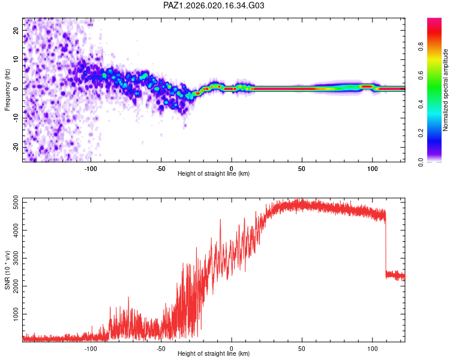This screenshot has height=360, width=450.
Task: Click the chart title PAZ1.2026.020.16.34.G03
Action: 214,5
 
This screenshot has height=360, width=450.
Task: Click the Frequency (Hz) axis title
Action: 8,89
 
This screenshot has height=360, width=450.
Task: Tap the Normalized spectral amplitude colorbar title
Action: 446,90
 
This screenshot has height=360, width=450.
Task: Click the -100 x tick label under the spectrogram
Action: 91,168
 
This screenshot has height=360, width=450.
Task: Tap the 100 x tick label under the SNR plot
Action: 373,348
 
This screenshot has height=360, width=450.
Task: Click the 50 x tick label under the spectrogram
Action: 302,168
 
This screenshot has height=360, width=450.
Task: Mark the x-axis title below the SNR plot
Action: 214,355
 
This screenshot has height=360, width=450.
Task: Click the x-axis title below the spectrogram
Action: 214,174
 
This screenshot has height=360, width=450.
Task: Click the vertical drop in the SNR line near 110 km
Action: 385,246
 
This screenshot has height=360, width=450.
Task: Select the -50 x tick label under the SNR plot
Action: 161,348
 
